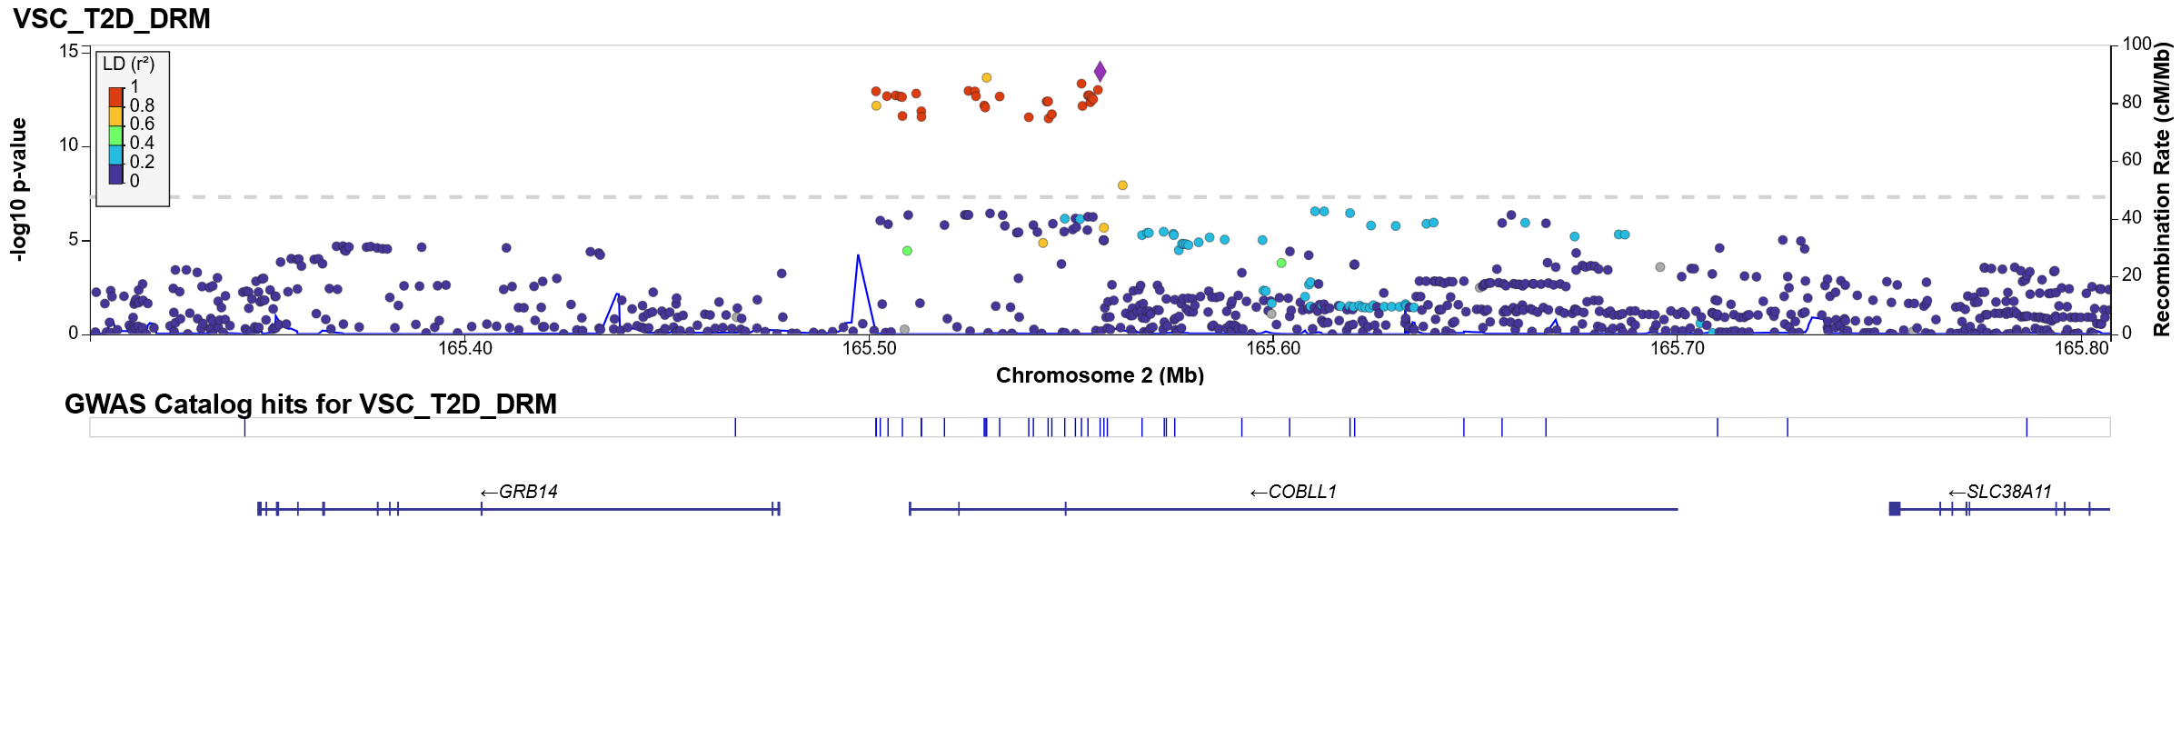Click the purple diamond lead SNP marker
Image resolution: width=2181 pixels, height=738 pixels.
(x=1100, y=72)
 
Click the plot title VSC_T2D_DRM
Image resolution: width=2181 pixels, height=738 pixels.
(x=112, y=19)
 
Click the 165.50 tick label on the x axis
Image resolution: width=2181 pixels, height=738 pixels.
(x=870, y=348)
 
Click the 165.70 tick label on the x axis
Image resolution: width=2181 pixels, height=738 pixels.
(x=1678, y=348)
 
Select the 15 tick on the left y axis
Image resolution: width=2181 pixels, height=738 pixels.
(x=69, y=51)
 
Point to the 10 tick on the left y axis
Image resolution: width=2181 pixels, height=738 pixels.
(x=69, y=145)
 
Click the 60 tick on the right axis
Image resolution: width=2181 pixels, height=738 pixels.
(x=2132, y=159)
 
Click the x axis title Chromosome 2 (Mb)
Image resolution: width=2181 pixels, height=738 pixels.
(x=1100, y=375)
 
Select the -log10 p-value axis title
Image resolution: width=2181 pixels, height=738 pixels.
(x=18, y=190)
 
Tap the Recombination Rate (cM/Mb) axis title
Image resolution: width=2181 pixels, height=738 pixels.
(x=2162, y=190)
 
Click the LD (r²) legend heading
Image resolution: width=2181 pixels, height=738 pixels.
(x=128, y=65)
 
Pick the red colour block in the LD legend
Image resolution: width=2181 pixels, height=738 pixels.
(x=115, y=97)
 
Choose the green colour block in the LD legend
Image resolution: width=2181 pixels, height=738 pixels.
(x=115, y=135)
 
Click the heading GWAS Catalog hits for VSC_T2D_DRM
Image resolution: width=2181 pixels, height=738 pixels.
(x=310, y=404)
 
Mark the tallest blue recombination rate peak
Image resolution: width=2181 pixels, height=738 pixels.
(x=858, y=256)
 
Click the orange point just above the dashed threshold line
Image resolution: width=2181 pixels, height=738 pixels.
(x=1122, y=185)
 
